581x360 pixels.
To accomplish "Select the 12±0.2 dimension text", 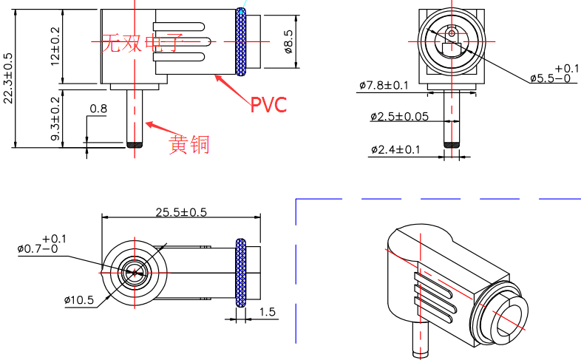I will pyautogui.click(x=56, y=47).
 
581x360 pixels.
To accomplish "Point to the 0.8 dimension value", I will pyautogui.click(x=98, y=109).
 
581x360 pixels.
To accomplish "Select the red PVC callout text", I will pyautogui.click(x=268, y=105).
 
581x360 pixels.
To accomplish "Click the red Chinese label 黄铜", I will pyautogui.click(x=189, y=143).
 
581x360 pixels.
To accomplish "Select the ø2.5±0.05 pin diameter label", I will pyautogui.click(x=399, y=116).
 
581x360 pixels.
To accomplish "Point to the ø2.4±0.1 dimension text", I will pyautogui.click(x=395, y=150).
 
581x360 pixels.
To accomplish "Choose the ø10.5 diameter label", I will pyautogui.click(x=78, y=299).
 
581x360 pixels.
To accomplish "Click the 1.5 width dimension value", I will pyautogui.click(x=268, y=313).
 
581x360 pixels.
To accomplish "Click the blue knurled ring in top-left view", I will pyautogui.click(x=242, y=42).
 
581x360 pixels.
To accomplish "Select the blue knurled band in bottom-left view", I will pyautogui.click(x=240, y=273).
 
